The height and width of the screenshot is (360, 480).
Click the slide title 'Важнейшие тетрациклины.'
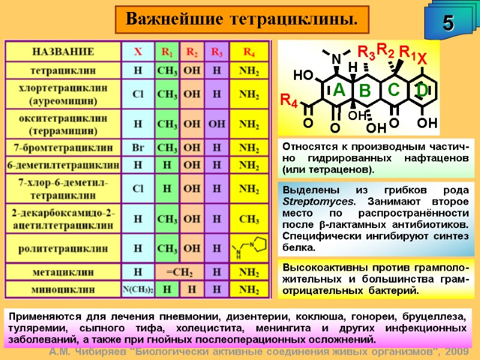(x=242, y=19)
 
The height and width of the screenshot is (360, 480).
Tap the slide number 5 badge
(x=448, y=23)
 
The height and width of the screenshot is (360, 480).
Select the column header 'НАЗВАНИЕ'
(x=63, y=52)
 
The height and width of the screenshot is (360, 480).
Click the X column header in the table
(x=138, y=52)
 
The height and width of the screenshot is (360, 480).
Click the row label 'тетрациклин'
(x=63, y=71)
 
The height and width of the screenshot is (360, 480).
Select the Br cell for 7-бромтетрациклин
(x=138, y=148)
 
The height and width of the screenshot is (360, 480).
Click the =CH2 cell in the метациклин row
(x=179, y=272)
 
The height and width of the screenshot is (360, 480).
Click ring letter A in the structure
(x=339, y=90)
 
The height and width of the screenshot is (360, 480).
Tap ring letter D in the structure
(x=422, y=90)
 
